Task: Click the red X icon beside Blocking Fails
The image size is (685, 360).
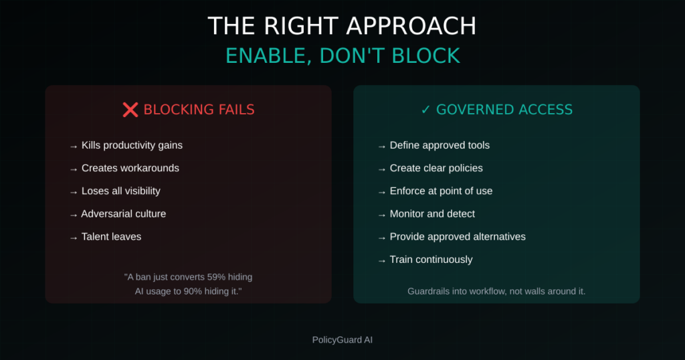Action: coord(130,110)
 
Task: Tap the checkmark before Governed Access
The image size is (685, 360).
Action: coord(425,110)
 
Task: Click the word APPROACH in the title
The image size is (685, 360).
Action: coord(411,26)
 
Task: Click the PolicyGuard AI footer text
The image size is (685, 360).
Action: coord(342,340)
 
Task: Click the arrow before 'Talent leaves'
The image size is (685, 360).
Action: coord(74,238)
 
